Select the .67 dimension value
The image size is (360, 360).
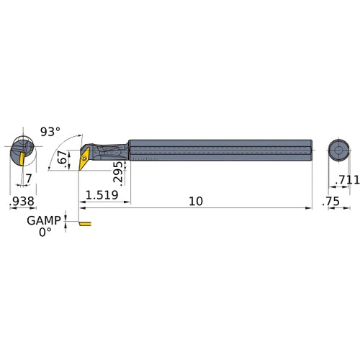pos(63,158)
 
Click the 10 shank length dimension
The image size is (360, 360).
pos(195,201)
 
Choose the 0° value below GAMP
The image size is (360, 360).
pos(46,233)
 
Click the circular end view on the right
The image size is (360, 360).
pos(337,150)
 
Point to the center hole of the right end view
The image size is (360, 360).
pos(337,150)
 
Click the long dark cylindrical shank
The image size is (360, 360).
pos(216,150)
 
